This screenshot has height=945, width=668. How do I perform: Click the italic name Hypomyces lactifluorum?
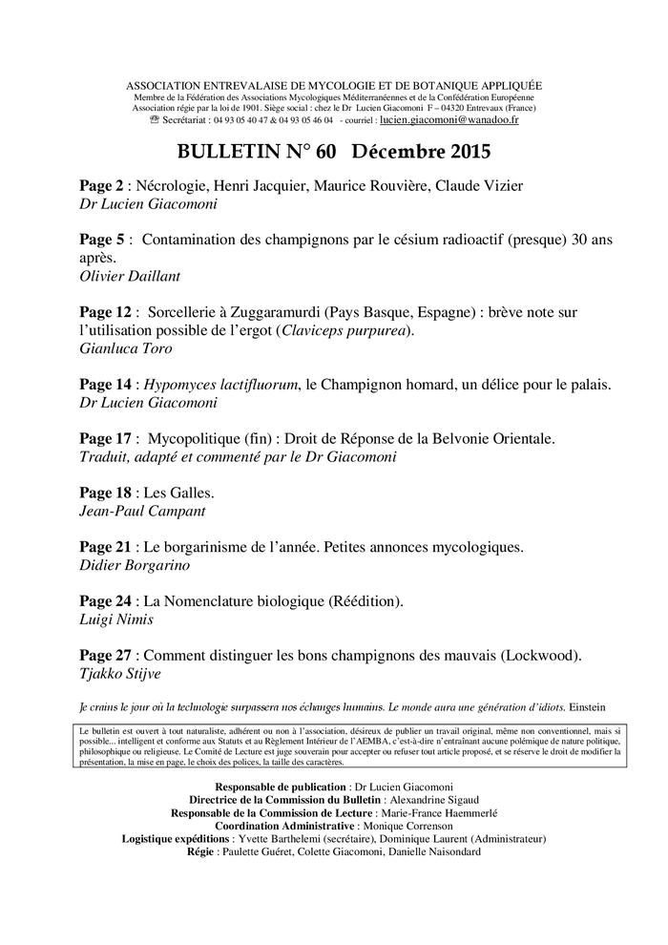pyautogui.click(x=221, y=384)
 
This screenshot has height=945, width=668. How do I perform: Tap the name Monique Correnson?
pyautogui.click(x=406, y=826)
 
